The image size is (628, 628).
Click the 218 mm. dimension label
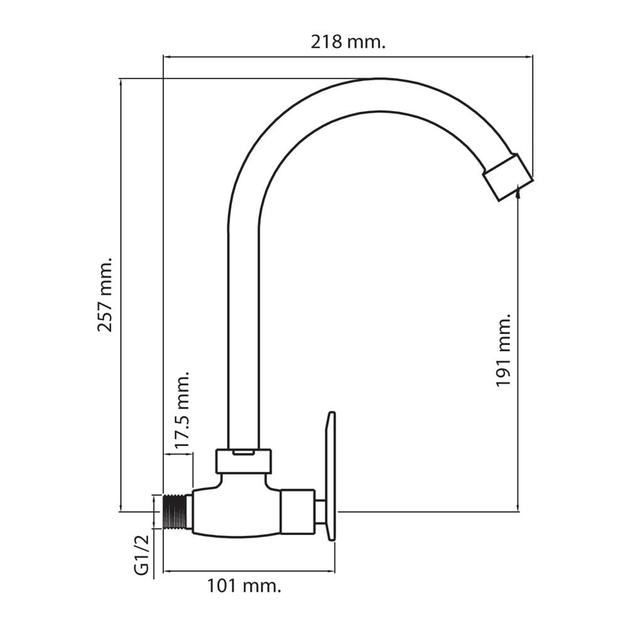[348, 41]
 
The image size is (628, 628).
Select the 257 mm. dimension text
[105, 295]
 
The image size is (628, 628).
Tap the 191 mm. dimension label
[503, 350]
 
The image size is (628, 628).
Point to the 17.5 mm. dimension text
[181, 409]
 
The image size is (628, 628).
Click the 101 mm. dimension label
[244, 587]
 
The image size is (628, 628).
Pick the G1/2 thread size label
[141, 555]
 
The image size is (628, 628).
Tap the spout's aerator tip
[507, 176]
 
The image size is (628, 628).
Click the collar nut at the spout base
[244, 461]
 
